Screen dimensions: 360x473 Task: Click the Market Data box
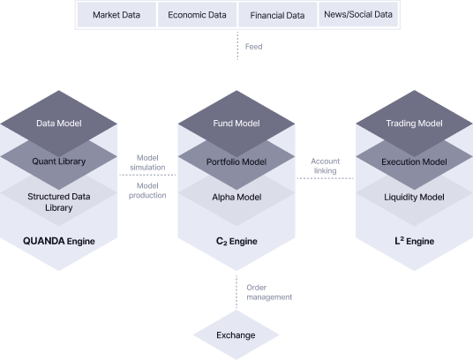pyautogui.click(x=116, y=15)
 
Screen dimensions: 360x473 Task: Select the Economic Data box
pyautogui.click(x=198, y=15)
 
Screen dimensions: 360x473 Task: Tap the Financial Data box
pyautogui.click(x=277, y=15)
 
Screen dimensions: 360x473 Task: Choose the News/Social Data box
pyautogui.click(x=357, y=15)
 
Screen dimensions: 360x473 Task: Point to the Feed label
pyautogui.click(x=253, y=46)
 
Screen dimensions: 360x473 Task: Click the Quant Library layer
pyautogui.click(x=59, y=162)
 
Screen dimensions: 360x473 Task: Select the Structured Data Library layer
pyautogui.click(x=59, y=201)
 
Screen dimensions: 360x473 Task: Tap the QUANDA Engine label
pyautogui.click(x=59, y=240)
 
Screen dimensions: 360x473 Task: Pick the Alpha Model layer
pyautogui.click(x=236, y=197)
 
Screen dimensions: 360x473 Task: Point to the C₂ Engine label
pyautogui.click(x=236, y=240)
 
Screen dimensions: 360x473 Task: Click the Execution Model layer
pyautogui.click(x=414, y=162)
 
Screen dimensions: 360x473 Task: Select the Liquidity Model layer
pyautogui.click(x=414, y=197)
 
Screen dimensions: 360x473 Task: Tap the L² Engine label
pyautogui.click(x=414, y=240)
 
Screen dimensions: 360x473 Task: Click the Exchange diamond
pyautogui.click(x=236, y=335)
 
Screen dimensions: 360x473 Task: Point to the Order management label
pyautogui.click(x=268, y=292)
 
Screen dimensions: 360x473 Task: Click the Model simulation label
pyautogui.click(x=148, y=162)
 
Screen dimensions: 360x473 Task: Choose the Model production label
pyautogui.click(x=148, y=190)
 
